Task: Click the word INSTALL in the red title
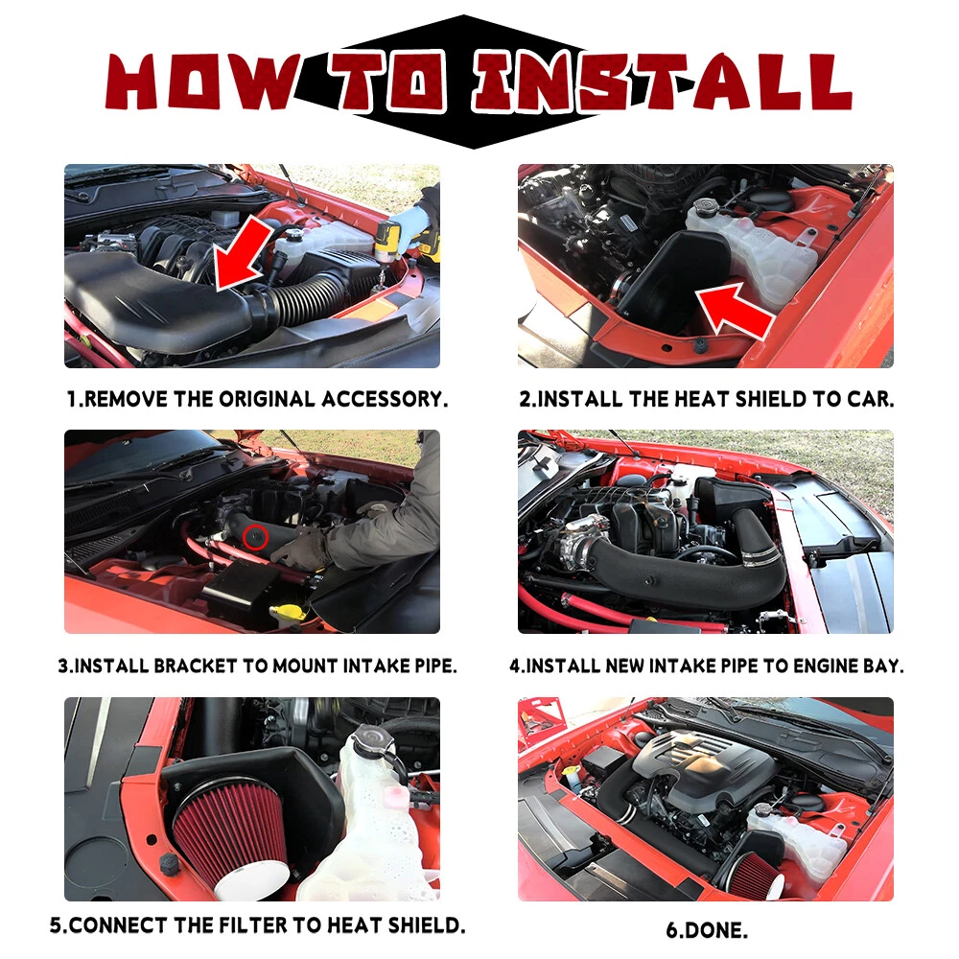(x=662, y=82)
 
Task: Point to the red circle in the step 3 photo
(x=255, y=538)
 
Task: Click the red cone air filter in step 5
(x=232, y=836)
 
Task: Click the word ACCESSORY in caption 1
(x=385, y=399)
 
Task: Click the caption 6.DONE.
(x=707, y=930)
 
